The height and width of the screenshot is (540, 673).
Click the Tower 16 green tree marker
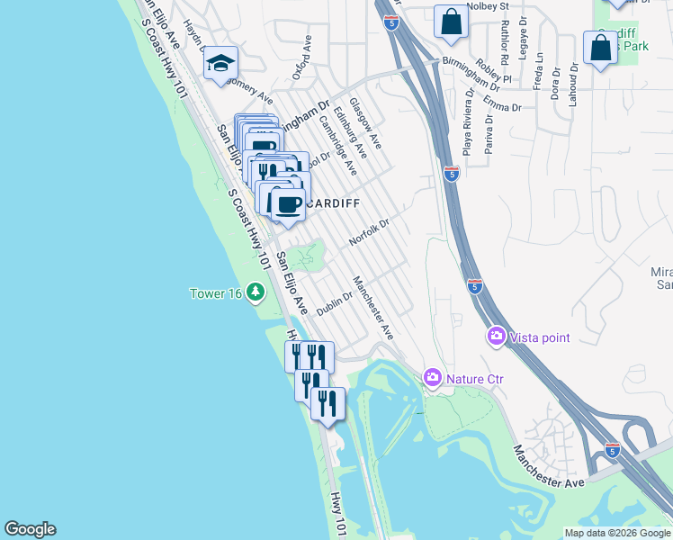[x=256, y=292]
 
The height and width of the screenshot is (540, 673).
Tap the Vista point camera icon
[x=496, y=337]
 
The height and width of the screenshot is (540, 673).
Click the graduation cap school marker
[x=220, y=64]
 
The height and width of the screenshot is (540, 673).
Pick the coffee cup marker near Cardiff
[x=287, y=205]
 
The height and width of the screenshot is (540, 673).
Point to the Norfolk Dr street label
[x=369, y=232]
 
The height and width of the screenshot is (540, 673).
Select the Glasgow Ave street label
[x=365, y=123]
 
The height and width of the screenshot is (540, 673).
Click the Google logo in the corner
[x=30, y=529]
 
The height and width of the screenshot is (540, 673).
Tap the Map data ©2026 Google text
[x=616, y=533]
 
